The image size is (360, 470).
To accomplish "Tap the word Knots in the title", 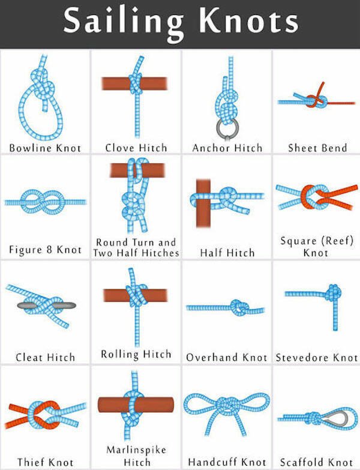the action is tap(249, 21).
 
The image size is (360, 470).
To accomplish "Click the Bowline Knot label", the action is tap(45, 148).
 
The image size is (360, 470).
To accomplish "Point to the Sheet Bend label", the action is tap(317, 148).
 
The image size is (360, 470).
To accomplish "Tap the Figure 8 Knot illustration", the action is tap(46, 202).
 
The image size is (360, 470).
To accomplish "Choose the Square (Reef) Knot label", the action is tap(317, 247).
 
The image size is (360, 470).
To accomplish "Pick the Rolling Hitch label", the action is tap(136, 354).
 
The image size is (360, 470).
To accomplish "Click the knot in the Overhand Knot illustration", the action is tap(240, 307).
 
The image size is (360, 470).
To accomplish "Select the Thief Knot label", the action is tap(45, 462).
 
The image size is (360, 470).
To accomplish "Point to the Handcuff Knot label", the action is tap(227, 462).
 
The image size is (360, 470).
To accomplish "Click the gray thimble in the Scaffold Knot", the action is tap(342, 418).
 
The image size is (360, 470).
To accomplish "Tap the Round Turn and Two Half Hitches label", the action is tap(136, 247).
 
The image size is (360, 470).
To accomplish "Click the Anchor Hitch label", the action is tap(227, 148).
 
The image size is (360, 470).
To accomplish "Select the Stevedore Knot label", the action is tap(317, 358).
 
